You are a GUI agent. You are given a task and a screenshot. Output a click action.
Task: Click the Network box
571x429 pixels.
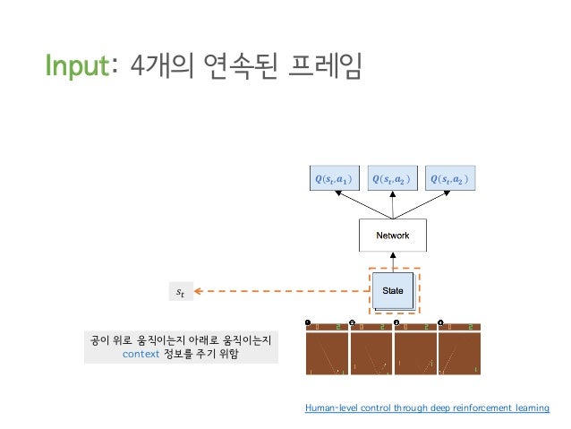click(393, 236)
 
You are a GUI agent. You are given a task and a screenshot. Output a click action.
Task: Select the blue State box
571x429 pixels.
click(393, 290)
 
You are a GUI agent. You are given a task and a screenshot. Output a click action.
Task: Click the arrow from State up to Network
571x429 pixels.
click(393, 261)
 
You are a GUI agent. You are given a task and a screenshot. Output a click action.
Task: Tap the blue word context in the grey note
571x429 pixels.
click(145, 355)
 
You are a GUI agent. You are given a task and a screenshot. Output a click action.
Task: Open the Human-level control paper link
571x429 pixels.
click(427, 408)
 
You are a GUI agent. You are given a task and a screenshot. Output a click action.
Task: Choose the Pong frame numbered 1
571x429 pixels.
click(328, 348)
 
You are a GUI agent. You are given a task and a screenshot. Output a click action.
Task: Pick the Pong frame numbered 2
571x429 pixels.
click(372, 348)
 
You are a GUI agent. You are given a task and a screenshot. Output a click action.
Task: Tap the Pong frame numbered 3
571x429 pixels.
click(416, 348)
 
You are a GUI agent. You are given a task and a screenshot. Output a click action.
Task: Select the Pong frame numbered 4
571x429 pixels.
click(460, 348)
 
